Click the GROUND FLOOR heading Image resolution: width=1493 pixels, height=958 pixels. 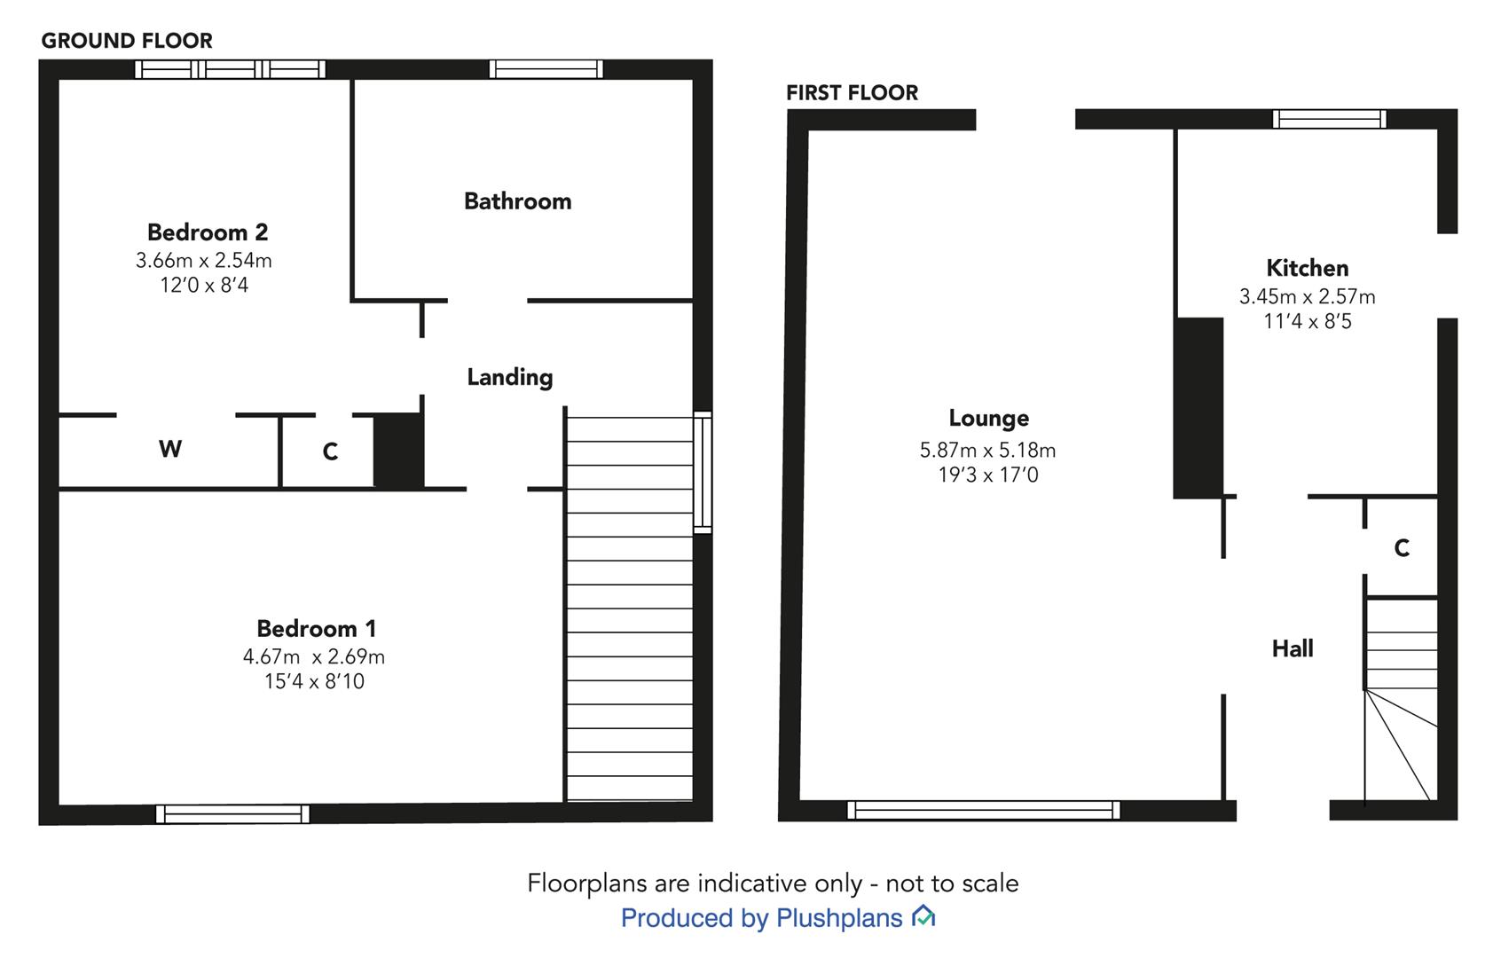[127, 41]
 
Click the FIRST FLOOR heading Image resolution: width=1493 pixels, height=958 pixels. [852, 92]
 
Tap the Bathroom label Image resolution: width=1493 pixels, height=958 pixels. [518, 201]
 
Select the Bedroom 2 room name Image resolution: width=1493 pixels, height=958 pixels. [208, 232]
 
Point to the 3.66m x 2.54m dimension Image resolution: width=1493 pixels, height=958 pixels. [204, 260]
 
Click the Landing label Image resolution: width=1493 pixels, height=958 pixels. [510, 377]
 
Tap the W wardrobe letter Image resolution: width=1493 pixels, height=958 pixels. [170, 449]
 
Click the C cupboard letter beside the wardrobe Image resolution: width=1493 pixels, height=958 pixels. [330, 452]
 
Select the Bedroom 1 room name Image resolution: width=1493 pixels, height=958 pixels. [317, 628]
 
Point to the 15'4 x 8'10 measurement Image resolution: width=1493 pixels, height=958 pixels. [315, 681]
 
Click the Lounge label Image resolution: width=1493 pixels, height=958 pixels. [989, 419]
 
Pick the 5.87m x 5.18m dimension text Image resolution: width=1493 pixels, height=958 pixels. [987, 450]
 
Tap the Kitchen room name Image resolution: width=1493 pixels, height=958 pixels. [1308, 268]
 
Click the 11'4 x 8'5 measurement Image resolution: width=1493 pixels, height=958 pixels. [1308, 321]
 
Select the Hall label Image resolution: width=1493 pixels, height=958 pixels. [1293, 648]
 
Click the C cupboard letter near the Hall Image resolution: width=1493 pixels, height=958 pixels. [1402, 548]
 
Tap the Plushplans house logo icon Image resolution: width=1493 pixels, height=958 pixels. [923, 916]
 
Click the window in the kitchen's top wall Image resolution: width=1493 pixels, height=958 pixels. [1330, 120]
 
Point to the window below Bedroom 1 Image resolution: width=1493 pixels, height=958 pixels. [232, 814]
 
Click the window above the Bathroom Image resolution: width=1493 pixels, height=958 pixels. [546, 69]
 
